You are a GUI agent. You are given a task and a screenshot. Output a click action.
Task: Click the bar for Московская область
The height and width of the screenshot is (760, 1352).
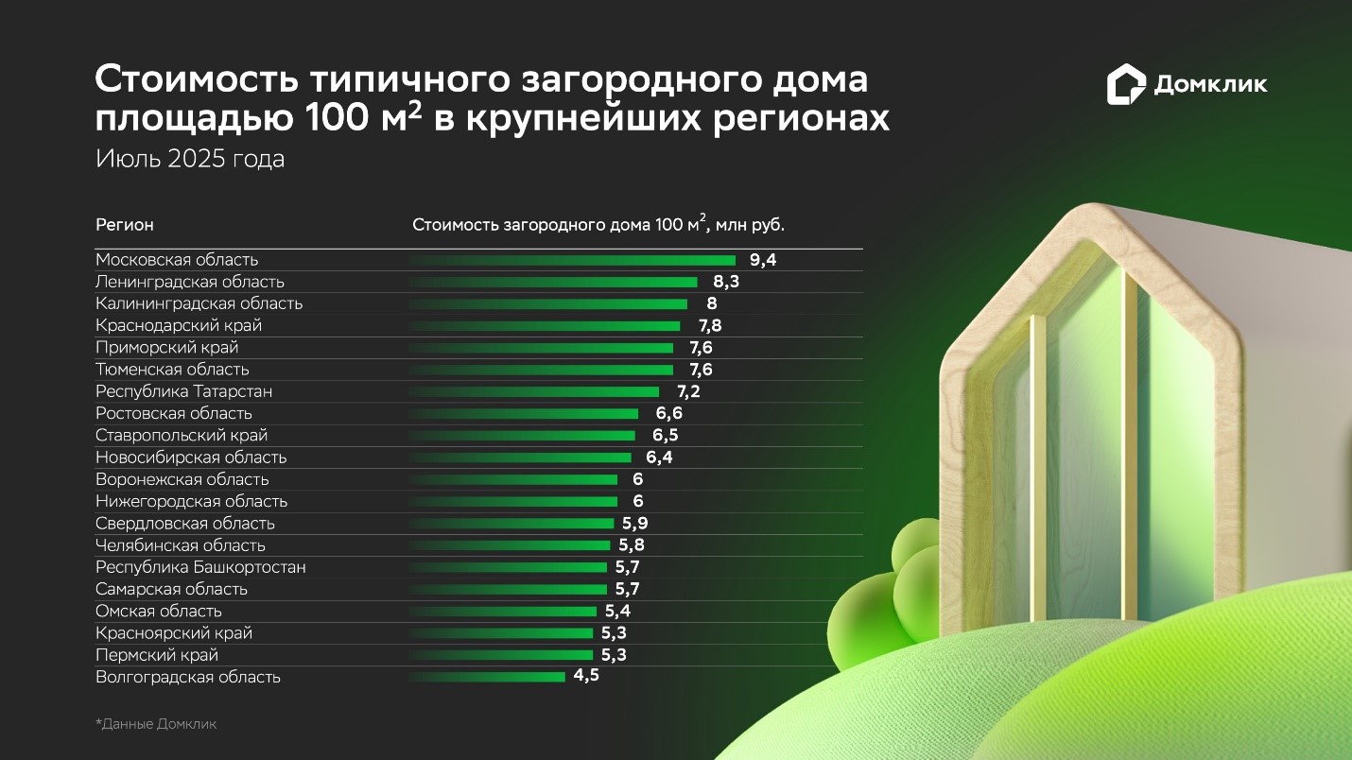(x=572, y=260)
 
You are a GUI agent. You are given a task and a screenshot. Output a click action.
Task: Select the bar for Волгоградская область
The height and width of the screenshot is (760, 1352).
(x=487, y=677)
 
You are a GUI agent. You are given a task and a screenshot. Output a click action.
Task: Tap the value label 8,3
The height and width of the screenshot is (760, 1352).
(x=725, y=282)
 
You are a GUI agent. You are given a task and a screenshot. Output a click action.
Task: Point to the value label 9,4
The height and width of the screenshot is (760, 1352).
(x=763, y=260)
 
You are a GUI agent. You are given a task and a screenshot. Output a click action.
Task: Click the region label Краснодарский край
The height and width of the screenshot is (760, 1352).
(x=179, y=325)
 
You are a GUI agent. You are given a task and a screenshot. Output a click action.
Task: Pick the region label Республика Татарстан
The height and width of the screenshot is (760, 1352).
(x=184, y=391)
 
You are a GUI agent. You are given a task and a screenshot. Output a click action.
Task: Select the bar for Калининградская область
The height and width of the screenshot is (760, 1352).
(x=548, y=303)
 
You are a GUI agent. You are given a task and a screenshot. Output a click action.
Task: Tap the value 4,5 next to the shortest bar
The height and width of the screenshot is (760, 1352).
(x=586, y=677)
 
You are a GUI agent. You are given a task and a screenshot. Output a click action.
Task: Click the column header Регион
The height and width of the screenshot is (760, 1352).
(x=125, y=225)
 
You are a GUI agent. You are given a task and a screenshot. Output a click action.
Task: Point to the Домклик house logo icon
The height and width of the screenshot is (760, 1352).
(x=1125, y=84)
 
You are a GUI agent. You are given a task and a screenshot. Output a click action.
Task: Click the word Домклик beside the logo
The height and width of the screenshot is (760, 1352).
(x=1210, y=85)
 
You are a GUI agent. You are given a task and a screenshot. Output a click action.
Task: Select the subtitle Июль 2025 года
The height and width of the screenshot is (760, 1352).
(x=190, y=159)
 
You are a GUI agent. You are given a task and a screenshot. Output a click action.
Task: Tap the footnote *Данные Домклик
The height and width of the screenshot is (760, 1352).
(x=156, y=724)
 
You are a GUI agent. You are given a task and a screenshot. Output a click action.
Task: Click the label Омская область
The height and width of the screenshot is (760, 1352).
(x=159, y=611)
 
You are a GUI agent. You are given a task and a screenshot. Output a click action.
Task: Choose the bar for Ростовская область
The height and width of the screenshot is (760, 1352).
(x=524, y=413)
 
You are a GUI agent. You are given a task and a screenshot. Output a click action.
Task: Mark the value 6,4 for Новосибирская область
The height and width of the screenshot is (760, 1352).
(x=659, y=458)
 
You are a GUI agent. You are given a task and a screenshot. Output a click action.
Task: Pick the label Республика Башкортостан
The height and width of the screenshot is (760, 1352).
(x=200, y=567)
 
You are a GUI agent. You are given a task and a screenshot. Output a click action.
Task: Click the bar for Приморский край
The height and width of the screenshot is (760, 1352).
(x=541, y=348)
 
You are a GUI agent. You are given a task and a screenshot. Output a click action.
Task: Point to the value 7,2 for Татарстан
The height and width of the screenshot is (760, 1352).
(x=687, y=391)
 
